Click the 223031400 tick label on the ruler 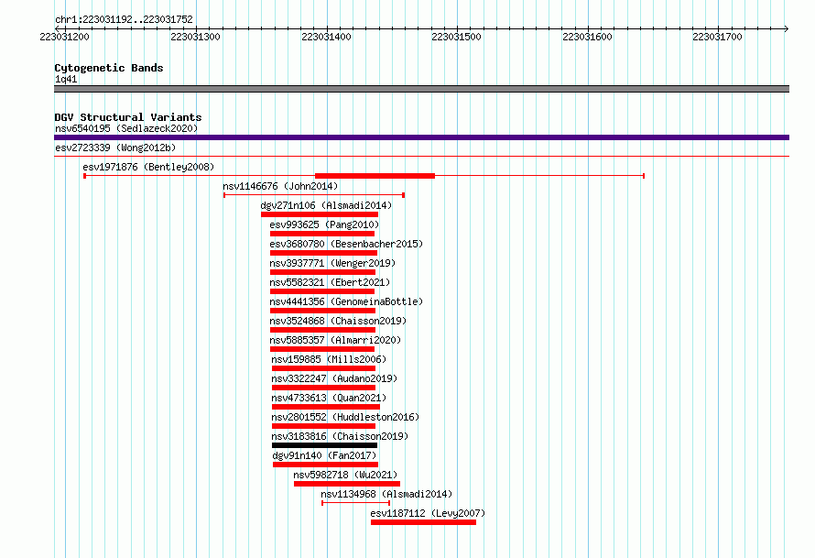(x=326, y=37)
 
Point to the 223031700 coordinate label (x=717, y=37)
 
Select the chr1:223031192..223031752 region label (x=124, y=20)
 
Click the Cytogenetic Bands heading (x=109, y=68)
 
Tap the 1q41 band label (x=66, y=79)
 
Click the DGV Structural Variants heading (x=128, y=117)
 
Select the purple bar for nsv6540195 (x=421, y=137)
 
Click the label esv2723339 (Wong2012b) (x=115, y=148)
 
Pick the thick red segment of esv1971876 (x=375, y=176)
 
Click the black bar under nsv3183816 (x=324, y=445)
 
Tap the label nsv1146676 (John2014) (x=280, y=186)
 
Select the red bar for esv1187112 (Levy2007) (x=423, y=522)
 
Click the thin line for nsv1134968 (x=355, y=503)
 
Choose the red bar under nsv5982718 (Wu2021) (x=347, y=484)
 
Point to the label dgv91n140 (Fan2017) (x=324, y=455)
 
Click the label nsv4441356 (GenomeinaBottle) (x=346, y=301)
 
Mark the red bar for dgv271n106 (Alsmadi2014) (x=320, y=214)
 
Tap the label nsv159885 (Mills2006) (x=329, y=359)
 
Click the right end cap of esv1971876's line (x=644, y=176)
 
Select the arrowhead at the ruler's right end (x=787, y=28)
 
